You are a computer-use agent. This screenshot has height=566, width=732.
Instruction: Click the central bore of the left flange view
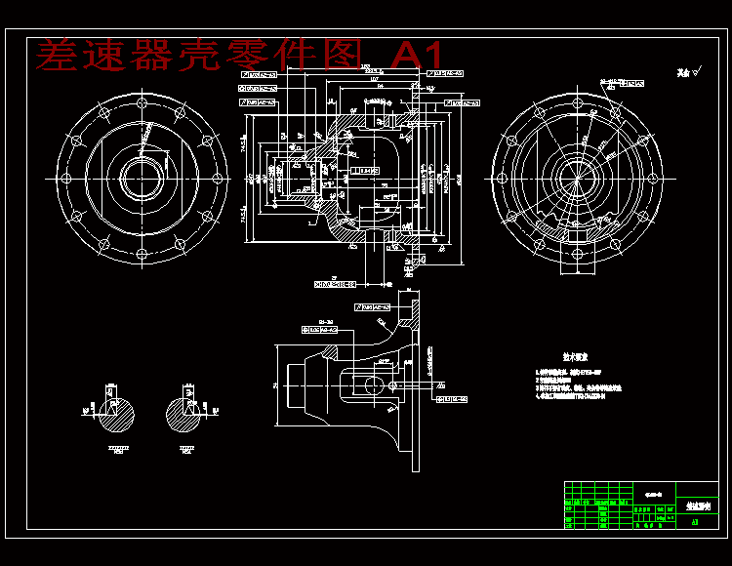coord(142,179)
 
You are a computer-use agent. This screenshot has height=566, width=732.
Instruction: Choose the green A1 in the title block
coord(694,522)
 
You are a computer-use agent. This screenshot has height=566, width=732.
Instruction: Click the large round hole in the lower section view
coord(373,384)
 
